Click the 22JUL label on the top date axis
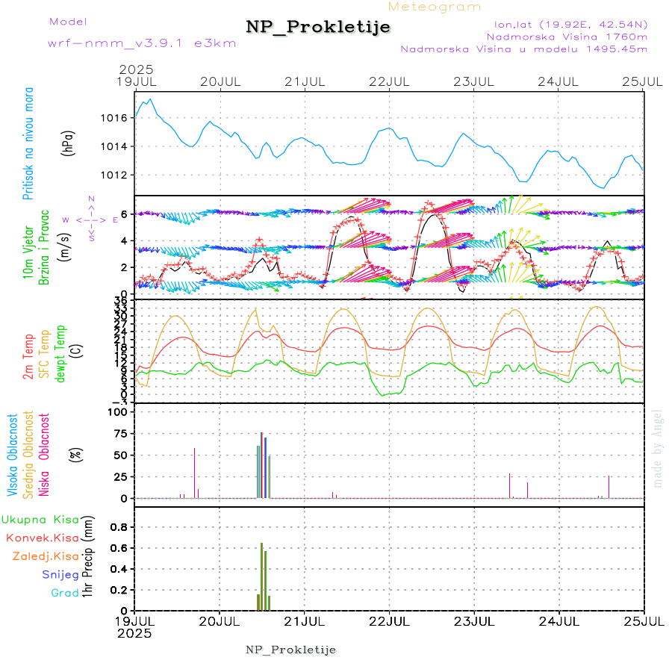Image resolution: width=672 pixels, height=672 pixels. pos(390,81)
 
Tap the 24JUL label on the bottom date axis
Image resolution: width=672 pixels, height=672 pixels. pos(559,620)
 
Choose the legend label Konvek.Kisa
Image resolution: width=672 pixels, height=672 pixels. pos(42,538)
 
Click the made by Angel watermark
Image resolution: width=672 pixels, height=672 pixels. pos(658,448)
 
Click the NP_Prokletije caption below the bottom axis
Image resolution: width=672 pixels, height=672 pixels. pos(290,650)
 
